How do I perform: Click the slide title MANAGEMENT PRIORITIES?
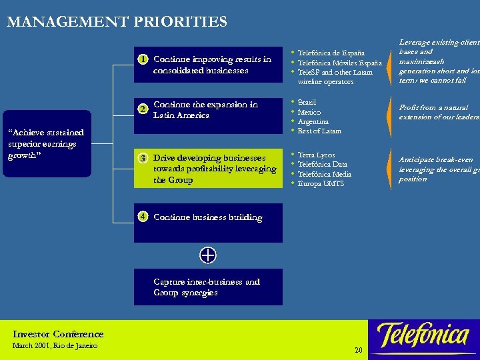(117, 22)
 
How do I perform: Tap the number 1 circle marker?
(143, 59)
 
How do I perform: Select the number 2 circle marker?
(143, 109)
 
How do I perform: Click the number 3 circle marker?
(143, 158)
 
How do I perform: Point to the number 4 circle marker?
(143, 216)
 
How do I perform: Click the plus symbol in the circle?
(207, 255)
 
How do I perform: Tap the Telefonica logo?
(423, 337)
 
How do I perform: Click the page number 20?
(358, 350)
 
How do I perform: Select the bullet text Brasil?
(307, 103)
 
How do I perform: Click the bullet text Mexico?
(309, 112)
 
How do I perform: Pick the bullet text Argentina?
(313, 121)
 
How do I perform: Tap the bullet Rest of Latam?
(319, 131)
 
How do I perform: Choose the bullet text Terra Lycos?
(317, 155)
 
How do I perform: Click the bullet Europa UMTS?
(321, 183)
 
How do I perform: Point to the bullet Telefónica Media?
(324, 174)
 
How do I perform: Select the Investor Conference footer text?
(58, 334)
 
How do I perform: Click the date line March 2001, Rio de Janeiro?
(55, 345)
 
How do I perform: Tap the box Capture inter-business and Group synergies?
(207, 287)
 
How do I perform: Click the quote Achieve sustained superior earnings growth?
(46, 144)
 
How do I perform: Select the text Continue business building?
(207, 217)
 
